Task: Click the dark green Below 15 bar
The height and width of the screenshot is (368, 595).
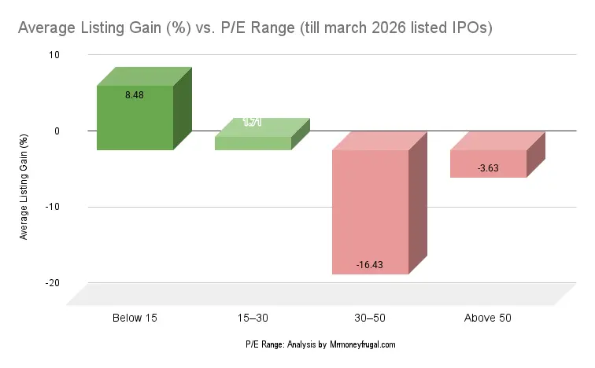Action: tap(135, 118)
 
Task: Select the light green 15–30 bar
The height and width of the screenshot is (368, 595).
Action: tap(253, 143)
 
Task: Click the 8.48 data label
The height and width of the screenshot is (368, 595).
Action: tap(135, 95)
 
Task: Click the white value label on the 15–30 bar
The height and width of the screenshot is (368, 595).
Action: tap(253, 122)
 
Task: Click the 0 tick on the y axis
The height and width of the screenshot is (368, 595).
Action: tap(57, 131)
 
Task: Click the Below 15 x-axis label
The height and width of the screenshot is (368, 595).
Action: tap(134, 318)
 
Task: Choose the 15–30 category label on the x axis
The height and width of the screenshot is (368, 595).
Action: tap(253, 318)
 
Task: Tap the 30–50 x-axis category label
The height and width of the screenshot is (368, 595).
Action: tap(370, 318)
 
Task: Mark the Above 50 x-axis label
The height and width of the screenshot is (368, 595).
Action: tap(487, 318)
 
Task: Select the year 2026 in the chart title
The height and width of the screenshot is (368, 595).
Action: tap(394, 28)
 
